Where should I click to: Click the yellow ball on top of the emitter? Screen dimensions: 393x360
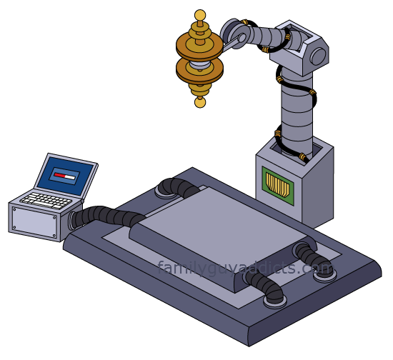click(200, 16)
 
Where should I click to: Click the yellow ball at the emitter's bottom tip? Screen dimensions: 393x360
click(200, 102)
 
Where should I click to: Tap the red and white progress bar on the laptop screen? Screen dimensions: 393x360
click(65, 176)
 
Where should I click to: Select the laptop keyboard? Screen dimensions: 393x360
click(46, 200)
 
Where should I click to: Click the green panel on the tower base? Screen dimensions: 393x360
click(278, 186)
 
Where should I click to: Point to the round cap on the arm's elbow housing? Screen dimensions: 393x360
click(318, 56)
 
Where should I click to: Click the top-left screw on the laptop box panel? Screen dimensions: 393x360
click(15, 209)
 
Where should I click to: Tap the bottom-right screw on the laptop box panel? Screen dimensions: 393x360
click(54, 235)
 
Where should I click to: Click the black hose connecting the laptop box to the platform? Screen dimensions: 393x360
click(105, 216)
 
